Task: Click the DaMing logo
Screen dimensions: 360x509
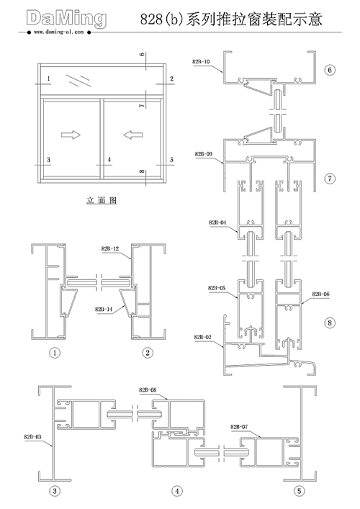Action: click(66, 18)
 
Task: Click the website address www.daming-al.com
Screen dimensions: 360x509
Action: click(59, 32)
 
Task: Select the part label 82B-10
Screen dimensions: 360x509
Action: click(202, 62)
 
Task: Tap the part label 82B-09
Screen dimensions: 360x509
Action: click(204, 154)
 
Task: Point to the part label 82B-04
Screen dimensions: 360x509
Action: click(217, 222)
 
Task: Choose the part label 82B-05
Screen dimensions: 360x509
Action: click(217, 288)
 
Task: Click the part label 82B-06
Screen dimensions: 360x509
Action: click(320, 294)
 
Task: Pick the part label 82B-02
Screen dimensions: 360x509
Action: click(202, 337)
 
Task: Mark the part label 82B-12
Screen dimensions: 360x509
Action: click(110, 248)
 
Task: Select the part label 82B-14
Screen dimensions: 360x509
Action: click(104, 310)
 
